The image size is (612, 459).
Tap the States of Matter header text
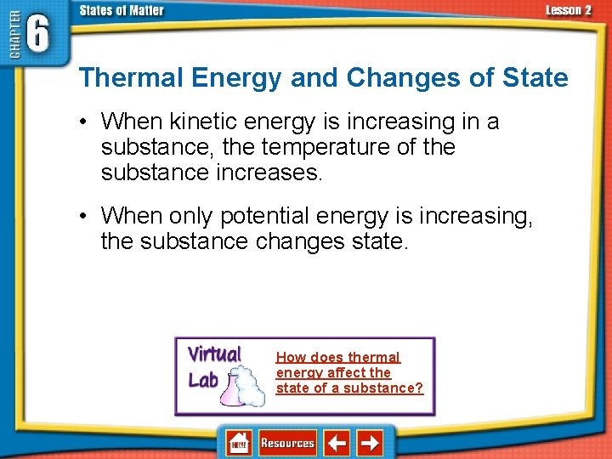pyautogui.click(x=122, y=10)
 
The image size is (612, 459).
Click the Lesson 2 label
pyautogui.click(x=568, y=10)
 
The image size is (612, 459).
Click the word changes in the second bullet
pyautogui.click(x=297, y=242)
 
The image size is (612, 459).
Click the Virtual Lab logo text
pyautogui.click(x=212, y=365)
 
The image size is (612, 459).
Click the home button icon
pyautogui.click(x=239, y=443)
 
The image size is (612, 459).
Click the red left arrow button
pyautogui.click(x=338, y=443)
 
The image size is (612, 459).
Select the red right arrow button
pyautogui.click(x=370, y=443)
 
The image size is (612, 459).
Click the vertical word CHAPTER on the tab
pyautogui.click(x=13, y=38)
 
